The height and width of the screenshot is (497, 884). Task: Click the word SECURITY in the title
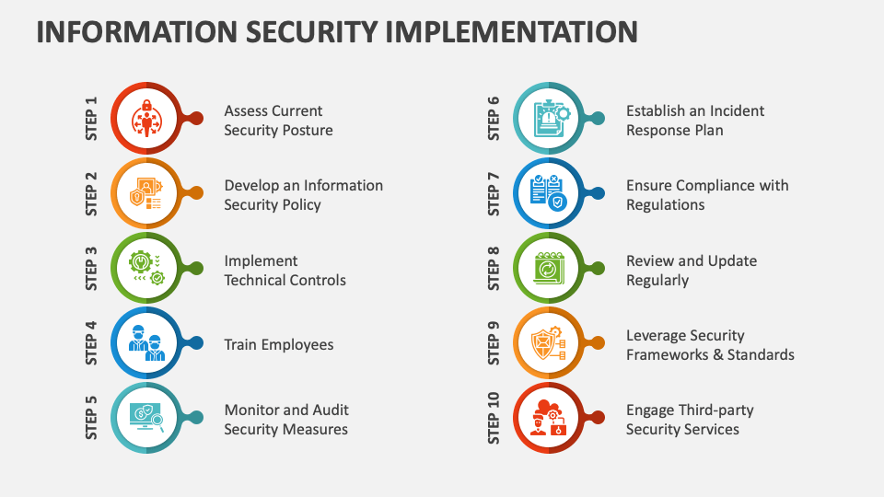[x=311, y=31]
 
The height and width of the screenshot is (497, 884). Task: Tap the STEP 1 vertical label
[x=91, y=119]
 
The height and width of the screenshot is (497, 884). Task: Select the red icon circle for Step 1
[x=146, y=119]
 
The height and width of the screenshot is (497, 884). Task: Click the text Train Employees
[x=278, y=345]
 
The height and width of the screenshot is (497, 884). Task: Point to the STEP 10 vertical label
[x=494, y=418]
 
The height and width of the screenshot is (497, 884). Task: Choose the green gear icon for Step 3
[x=146, y=268]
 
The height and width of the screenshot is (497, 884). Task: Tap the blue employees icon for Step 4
[x=146, y=342]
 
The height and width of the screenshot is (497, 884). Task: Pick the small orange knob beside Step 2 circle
[x=195, y=192]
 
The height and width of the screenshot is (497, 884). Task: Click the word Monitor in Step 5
[x=251, y=410]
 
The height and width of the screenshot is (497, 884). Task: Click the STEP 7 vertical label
[x=494, y=193]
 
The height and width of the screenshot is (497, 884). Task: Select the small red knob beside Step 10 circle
[x=597, y=418]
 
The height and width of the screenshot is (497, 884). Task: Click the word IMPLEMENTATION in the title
[x=512, y=31]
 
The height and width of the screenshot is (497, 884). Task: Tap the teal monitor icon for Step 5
[x=146, y=418]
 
